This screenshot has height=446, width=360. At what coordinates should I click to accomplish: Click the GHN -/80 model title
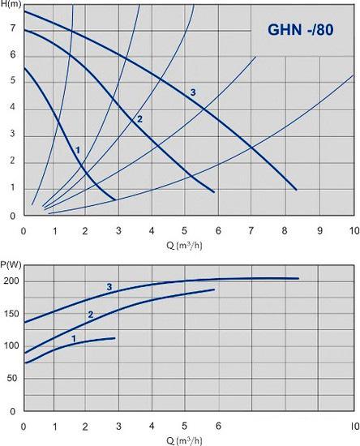pos(301,29)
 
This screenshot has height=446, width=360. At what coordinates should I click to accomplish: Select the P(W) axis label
pos(11,265)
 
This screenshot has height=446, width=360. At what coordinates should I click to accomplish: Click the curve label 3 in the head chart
pos(193,92)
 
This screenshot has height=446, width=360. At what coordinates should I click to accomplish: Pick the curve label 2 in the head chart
pos(139,119)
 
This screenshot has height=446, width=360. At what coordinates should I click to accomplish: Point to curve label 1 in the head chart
pos(78,150)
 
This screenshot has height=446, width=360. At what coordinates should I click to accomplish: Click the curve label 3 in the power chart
pos(109,287)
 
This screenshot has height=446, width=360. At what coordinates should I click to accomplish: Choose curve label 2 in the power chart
pos(91,315)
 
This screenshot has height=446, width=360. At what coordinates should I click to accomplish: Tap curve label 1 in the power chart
pos(74,338)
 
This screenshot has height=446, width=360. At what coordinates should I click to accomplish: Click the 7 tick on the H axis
pos(13,28)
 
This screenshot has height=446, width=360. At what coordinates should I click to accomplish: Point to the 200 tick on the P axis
pos(11,281)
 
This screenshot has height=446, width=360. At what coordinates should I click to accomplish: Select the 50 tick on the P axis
pos(13,379)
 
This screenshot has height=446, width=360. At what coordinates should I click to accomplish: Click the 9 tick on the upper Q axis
pos(320,230)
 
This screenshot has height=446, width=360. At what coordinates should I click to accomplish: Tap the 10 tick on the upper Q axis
pos(354,230)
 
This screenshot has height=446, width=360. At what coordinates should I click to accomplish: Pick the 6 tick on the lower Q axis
pos(218,426)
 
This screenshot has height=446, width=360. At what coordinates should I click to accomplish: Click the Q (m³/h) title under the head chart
pos(184,246)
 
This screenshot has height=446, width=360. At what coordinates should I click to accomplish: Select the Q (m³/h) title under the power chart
pos(184,441)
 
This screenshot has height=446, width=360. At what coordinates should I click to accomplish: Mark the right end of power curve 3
pos(298,278)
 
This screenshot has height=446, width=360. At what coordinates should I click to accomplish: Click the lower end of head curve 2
pos(214,192)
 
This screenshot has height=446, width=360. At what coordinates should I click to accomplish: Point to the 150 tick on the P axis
pos(11,314)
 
